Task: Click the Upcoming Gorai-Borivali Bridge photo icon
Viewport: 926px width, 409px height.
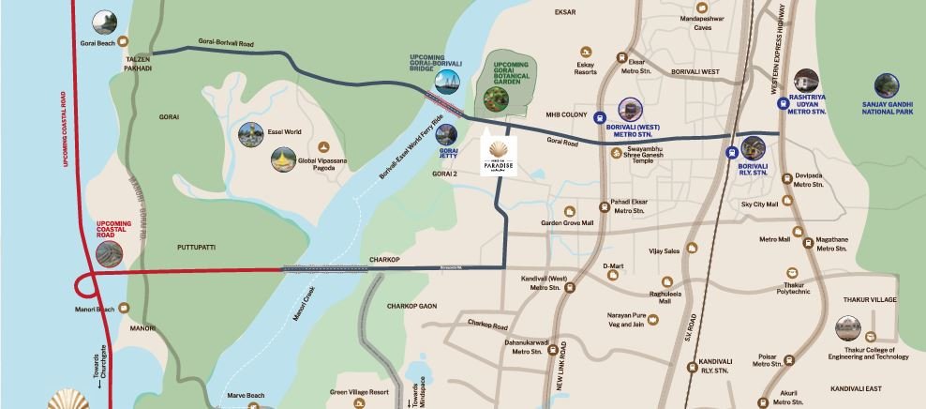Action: pyautogui.click(x=449, y=82)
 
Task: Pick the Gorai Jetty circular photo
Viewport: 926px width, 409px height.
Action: pyautogui.click(x=447, y=135)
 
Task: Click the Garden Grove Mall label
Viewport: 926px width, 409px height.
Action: pyautogui.click(x=567, y=223)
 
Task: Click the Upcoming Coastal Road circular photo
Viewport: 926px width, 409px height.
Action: pyautogui.click(x=109, y=254)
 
